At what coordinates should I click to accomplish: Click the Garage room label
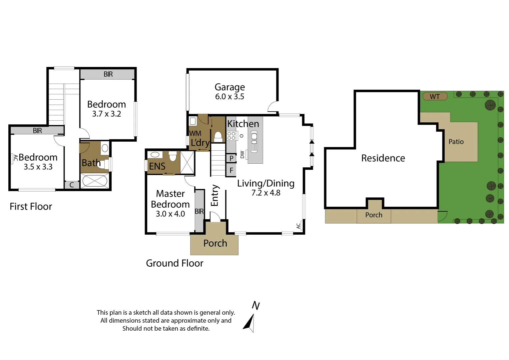point(230,87)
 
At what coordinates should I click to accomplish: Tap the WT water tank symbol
point(435,97)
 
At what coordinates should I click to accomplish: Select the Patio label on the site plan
point(456,142)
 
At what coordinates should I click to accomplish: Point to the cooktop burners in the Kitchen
point(231,136)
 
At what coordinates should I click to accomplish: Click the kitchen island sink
point(254,142)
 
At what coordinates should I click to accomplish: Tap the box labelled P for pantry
point(231,158)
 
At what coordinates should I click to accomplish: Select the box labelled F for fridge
point(231,171)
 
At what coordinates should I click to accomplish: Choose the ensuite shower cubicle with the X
point(187,162)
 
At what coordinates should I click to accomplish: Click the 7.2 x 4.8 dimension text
point(265,193)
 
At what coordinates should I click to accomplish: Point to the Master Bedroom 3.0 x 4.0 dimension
point(170,214)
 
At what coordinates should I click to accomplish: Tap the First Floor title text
point(31,207)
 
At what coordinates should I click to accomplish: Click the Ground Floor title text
point(175,263)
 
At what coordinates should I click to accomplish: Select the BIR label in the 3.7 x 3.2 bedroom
point(108,74)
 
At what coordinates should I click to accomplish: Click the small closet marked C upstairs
point(72,185)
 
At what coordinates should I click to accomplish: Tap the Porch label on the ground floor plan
point(215,243)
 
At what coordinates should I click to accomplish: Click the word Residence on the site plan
point(383,158)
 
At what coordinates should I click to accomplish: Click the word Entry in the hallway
point(215,196)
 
